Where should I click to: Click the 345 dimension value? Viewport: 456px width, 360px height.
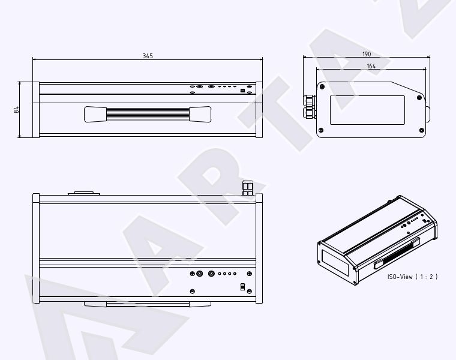click(148, 56)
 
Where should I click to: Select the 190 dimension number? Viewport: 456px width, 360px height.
click(367, 54)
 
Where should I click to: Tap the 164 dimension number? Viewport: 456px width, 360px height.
click(371, 67)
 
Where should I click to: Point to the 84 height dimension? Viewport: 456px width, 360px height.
click(16, 110)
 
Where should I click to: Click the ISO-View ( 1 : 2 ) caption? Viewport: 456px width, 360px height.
click(412, 277)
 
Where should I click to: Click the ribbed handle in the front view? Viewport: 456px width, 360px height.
click(148, 114)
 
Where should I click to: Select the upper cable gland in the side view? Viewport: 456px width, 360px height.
click(310, 101)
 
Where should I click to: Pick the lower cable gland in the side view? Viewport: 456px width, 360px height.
click(310, 113)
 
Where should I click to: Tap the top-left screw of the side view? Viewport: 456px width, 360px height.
click(322, 86)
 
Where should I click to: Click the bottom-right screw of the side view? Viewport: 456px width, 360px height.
click(421, 130)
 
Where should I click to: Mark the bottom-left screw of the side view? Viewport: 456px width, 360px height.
click(321, 130)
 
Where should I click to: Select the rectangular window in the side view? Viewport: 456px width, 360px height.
click(367, 110)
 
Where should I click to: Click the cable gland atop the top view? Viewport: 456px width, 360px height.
click(248, 188)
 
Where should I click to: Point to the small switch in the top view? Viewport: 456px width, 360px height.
click(242, 287)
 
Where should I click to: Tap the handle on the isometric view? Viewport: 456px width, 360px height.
click(397, 253)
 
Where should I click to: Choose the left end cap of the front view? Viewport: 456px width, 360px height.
click(36, 110)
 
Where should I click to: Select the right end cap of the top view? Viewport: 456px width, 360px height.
click(259, 248)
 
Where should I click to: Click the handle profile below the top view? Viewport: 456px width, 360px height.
click(148, 304)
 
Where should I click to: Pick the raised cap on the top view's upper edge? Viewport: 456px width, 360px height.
click(84, 193)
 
